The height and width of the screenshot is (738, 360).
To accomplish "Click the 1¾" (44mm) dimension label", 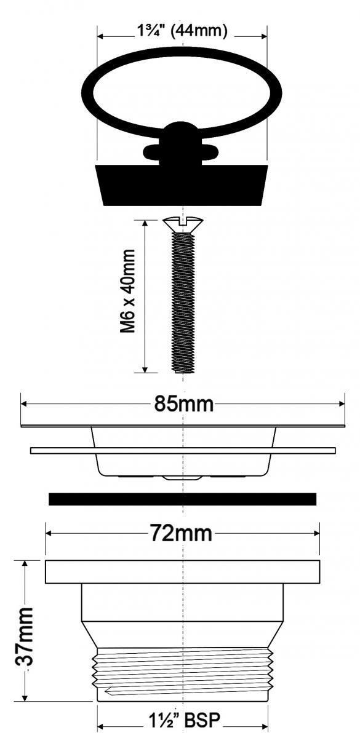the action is [182, 31].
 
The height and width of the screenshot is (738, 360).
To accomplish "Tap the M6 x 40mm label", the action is [128, 292].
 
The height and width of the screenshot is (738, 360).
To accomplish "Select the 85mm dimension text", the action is [184, 404].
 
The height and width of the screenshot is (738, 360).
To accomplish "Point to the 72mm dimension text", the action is [182, 533].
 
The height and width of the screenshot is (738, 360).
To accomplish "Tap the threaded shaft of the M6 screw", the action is [183, 303].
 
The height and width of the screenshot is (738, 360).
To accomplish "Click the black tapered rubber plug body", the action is [182, 185].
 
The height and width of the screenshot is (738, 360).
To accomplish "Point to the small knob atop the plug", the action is [180, 129].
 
